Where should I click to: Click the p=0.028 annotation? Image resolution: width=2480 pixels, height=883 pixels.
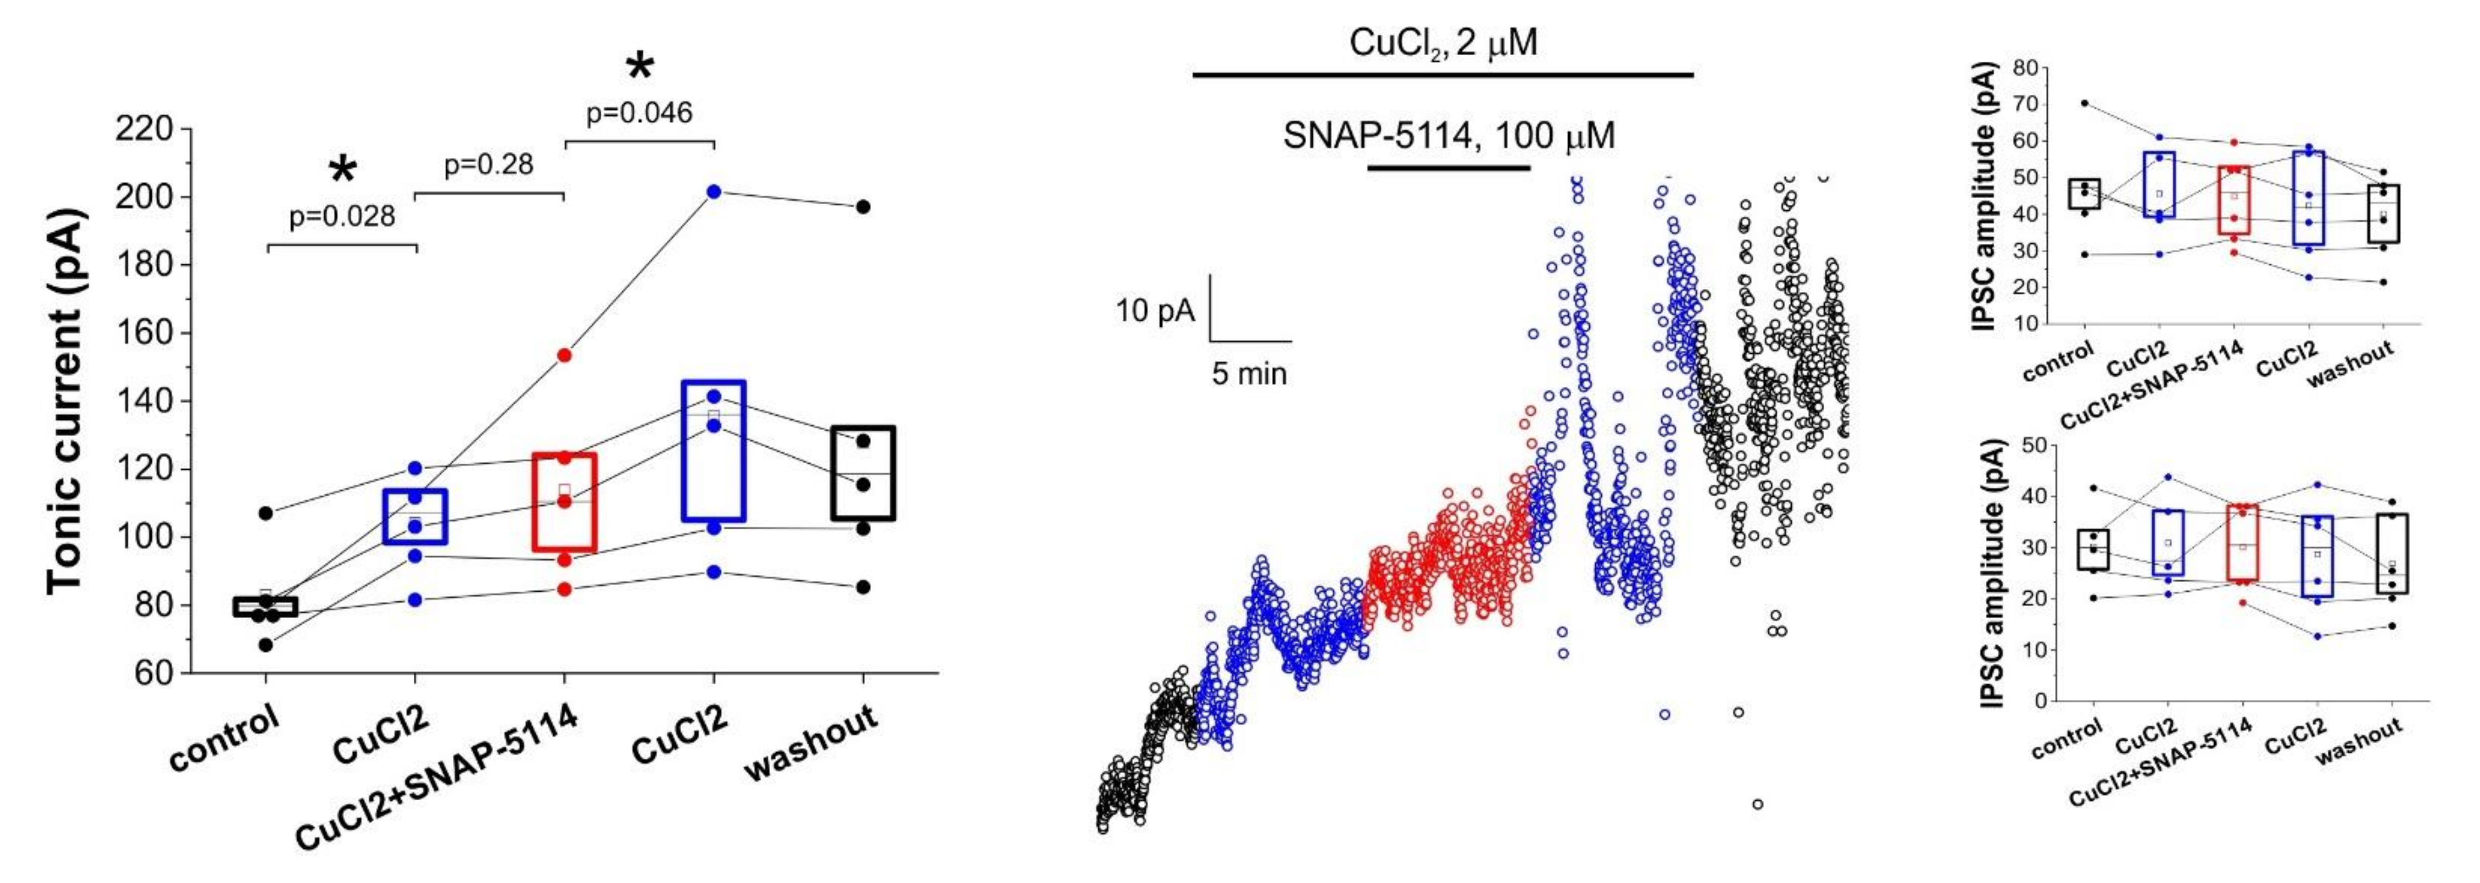click(342, 217)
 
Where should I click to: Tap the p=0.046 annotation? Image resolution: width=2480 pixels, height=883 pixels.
click(639, 114)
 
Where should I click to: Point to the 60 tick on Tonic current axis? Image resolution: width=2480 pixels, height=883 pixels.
click(154, 673)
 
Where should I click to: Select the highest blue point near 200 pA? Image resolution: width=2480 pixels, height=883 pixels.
click(713, 192)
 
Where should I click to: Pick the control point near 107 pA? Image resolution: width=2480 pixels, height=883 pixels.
click(266, 513)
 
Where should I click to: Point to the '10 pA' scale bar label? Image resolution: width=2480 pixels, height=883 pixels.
click(1155, 311)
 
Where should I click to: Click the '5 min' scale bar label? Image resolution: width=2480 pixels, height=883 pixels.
click(1249, 374)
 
